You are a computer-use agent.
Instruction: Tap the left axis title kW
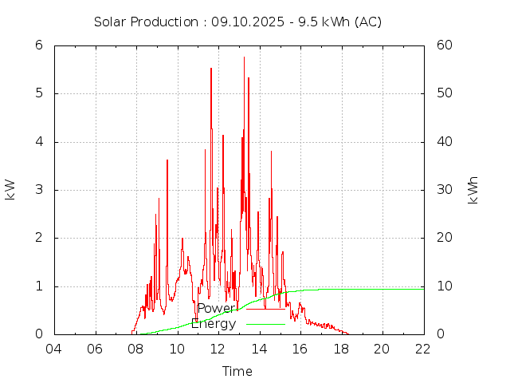[x=10, y=189]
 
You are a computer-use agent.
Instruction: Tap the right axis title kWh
[x=473, y=190]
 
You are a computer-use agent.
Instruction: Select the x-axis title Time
[x=237, y=371]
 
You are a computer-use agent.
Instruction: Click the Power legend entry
[x=217, y=309]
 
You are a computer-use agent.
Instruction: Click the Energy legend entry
[x=214, y=324]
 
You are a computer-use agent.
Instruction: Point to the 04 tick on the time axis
[x=54, y=349]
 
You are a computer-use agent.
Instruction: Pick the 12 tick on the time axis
[x=218, y=349]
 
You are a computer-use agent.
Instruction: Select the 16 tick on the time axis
[x=300, y=349]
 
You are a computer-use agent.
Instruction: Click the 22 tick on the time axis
[x=423, y=349]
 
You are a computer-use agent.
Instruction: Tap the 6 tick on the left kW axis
[x=38, y=45]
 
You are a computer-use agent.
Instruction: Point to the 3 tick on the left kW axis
[x=38, y=190]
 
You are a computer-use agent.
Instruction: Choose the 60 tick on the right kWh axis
[x=445, y=45]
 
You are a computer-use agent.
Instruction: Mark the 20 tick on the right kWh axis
[x=445, y=238]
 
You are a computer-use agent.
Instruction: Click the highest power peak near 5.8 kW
[x=244, y=57]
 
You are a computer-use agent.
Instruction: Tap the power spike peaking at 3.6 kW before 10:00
[x=167, y=160]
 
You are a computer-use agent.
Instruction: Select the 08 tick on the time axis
[x=136, y=349]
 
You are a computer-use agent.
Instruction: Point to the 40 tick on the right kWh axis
[x=445, y=142]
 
